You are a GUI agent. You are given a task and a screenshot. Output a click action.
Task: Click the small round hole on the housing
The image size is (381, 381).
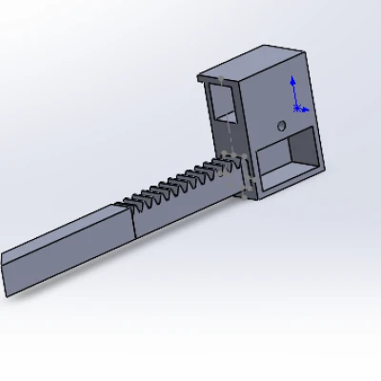coord(280,125)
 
